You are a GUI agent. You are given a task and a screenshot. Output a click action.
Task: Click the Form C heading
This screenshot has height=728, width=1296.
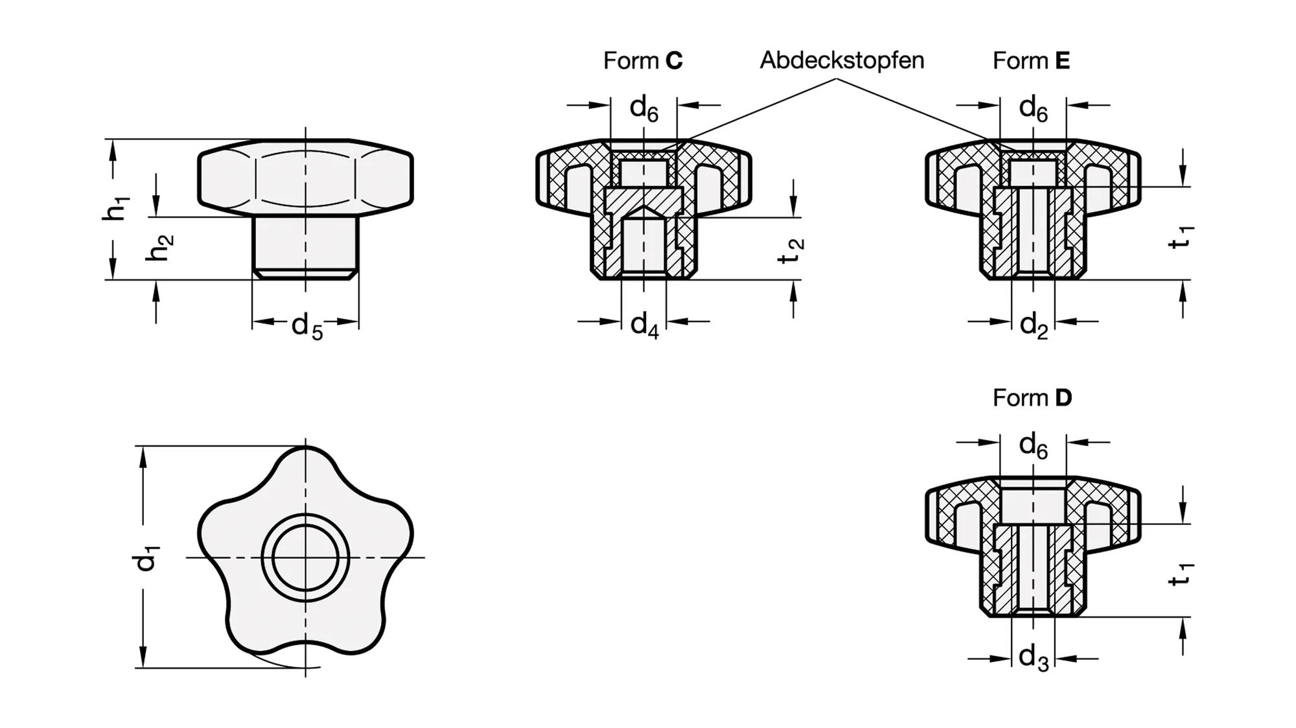click(x=643, y=60)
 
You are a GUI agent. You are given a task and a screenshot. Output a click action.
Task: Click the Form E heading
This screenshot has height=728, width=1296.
click(x=1031, y=60)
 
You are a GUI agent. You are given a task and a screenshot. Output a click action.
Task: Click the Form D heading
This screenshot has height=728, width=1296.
click(x=1032, y=397)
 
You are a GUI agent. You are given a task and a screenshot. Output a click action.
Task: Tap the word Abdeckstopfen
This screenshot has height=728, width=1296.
click(x=842, y=60)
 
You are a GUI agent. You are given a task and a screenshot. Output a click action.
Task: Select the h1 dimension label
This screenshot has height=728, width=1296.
click(x=117, y=207)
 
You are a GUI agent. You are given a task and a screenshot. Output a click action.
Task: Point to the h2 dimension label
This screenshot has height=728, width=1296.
click(x=159, y=248)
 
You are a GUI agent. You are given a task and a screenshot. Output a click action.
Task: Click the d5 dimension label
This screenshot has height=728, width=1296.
click(x=307, y=326)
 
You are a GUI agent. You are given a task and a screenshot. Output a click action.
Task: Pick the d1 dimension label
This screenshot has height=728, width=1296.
click(x=146, y=558)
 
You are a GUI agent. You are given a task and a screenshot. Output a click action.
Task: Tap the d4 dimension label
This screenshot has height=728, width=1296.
click(x=644, y=324)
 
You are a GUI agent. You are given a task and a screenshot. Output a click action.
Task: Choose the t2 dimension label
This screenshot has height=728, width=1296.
click(x=791, y=250)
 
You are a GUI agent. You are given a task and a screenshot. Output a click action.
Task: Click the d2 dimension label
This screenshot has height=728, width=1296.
click(x=1034, y=324)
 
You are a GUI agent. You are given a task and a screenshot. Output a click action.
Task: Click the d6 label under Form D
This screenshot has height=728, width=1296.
click(x=1033, y=445)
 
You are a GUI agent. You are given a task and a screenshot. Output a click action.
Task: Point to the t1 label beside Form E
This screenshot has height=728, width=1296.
click(x=1181, y=237)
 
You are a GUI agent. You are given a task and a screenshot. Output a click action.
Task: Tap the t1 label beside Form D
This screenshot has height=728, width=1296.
click(x=1181, y=574)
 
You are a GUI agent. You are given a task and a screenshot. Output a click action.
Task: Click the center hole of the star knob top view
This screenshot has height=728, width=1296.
click(x=305, y=558)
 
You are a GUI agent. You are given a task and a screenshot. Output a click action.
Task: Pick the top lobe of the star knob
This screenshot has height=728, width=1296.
click(x=305, y=467)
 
